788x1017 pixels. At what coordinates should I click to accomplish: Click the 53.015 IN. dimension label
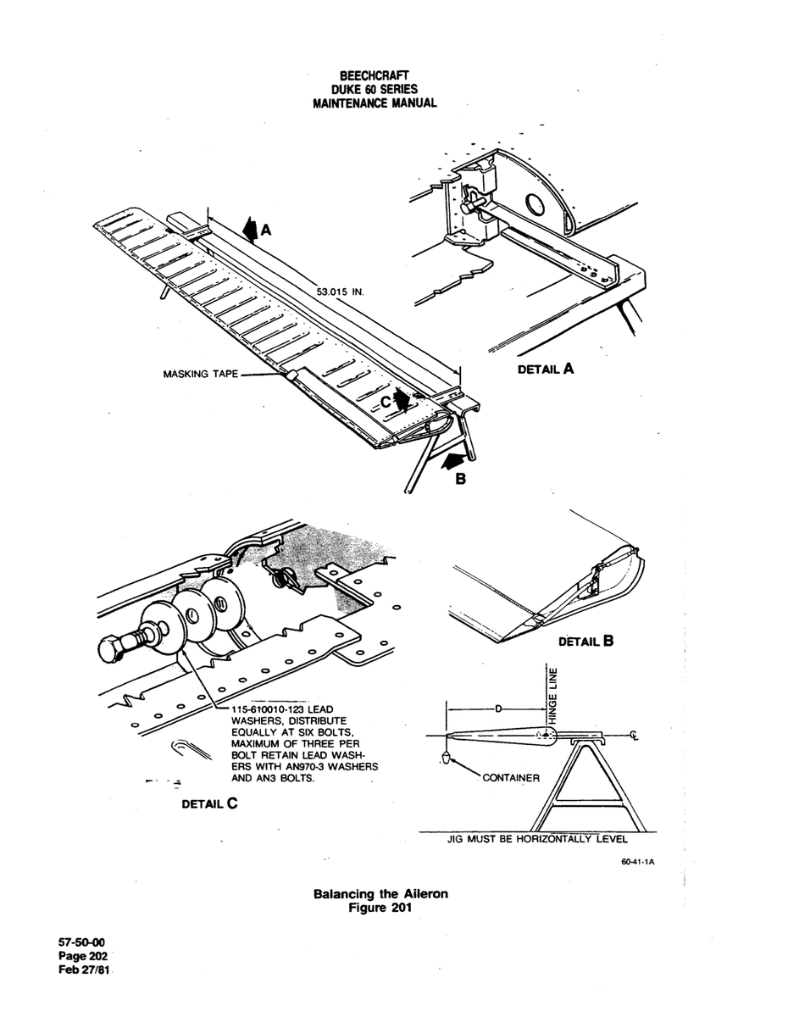click(340, 292)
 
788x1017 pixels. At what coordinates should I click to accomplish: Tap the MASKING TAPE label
click(201, 374)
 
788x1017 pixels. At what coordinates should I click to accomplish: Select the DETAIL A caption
click(546, 369)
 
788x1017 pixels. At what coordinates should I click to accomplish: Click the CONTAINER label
click(511, 778)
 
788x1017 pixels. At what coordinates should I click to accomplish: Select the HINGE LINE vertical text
click(553, 697)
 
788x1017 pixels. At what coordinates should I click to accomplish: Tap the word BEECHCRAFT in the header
click(375, 75)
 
